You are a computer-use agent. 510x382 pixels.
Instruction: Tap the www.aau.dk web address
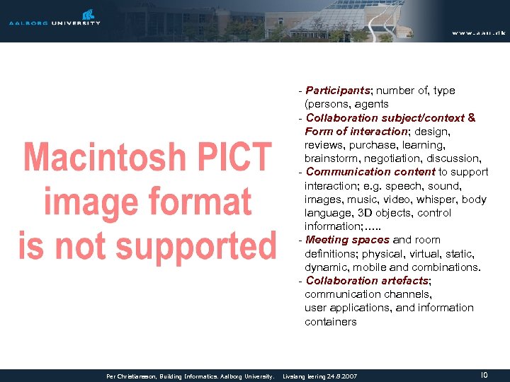tap(479, 33)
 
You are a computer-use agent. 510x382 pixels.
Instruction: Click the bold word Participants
tap(338, 91)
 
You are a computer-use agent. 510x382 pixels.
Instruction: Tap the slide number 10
tap(484, 375)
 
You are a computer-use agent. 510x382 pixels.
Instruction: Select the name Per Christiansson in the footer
tap(131, 376)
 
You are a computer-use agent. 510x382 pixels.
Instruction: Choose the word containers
tap(331, 322)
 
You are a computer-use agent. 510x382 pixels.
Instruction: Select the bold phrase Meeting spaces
tap(348, 240)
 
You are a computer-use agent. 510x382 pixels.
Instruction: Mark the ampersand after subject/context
tap(472, 118)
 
